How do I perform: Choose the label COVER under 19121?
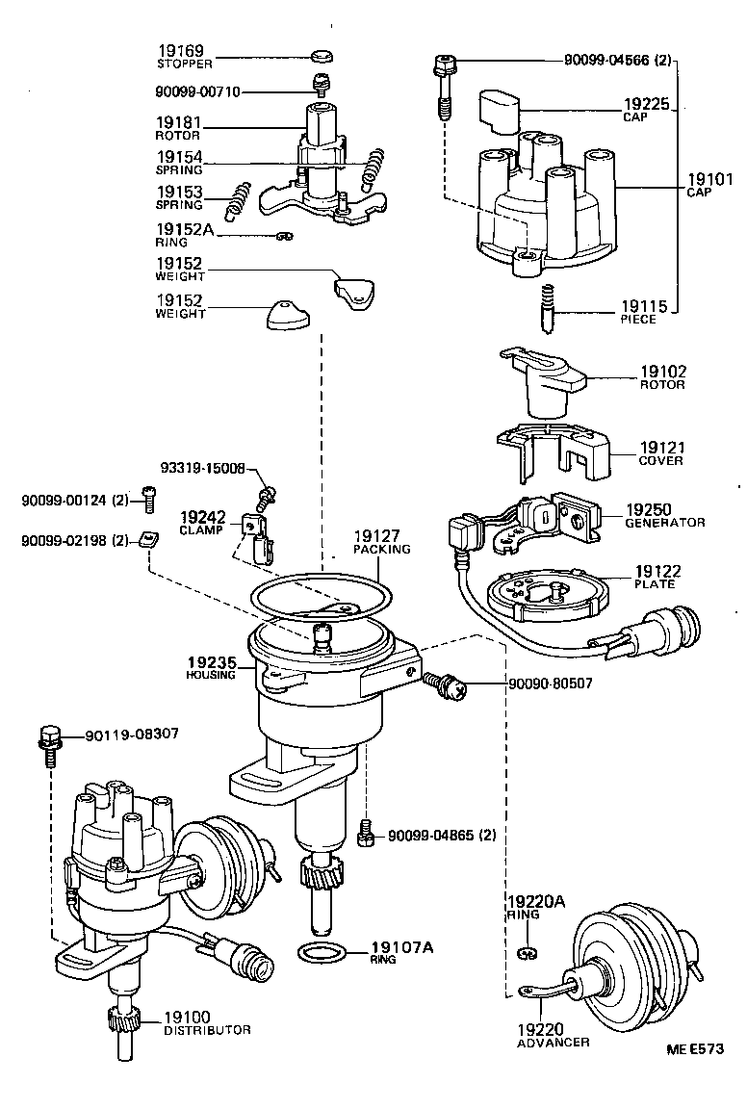coord(660,461)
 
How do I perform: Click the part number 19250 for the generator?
coord(651,509)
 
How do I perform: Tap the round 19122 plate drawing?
coord(546,596)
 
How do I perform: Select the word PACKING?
coord(382,550)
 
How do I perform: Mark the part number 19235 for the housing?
coord(210,662)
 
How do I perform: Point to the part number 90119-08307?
coord(131,735)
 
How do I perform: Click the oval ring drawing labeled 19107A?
coord(320,954)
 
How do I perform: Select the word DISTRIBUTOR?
coord(207,1030)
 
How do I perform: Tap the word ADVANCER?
coord(554,1043)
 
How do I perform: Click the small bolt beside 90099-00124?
coord(148,497)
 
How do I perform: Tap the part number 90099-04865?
coord(432,835)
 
